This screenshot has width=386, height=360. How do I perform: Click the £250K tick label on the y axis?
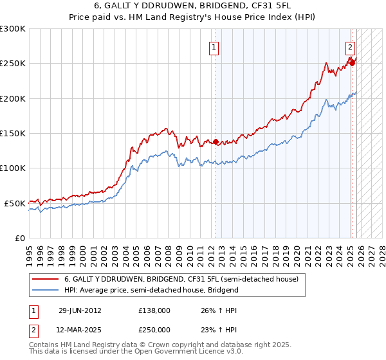coord(12,64)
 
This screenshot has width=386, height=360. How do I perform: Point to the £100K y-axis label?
coord(12,168)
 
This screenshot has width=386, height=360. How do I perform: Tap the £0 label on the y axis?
coord(20,238)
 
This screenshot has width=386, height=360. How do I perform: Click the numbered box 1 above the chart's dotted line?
coord(213,46)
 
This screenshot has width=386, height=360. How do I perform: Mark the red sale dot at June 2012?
coord(216,141)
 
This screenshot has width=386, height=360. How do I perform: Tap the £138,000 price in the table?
coord(154,310)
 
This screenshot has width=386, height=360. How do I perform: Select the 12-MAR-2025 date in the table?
coord(80,329)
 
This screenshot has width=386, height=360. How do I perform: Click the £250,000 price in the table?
coord(154,329)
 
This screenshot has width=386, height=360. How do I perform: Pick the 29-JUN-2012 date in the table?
coord(80,310)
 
